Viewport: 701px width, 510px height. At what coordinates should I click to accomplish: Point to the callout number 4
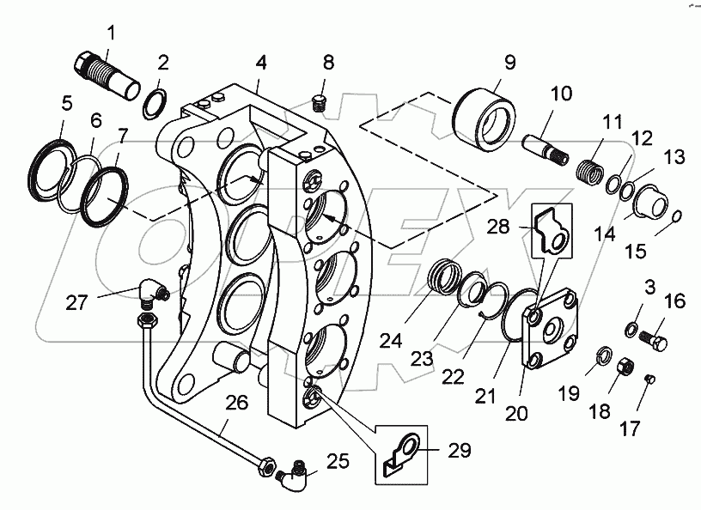260,63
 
